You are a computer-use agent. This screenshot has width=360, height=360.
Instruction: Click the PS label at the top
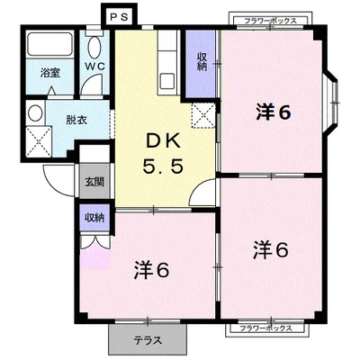click(x=118, y=16)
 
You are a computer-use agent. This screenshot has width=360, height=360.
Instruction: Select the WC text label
click(x=95, y=65)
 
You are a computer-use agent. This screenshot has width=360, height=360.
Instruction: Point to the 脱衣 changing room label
click(x=62, y=117)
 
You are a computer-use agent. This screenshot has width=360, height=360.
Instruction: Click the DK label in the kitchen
click(x=163, y=141)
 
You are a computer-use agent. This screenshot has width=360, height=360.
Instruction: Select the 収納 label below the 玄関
click(x=94, y=218)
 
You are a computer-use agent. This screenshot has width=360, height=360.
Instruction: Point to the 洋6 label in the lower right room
click(x=270, y=248)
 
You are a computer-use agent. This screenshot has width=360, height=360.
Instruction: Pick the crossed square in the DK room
click(x=203, y=113)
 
